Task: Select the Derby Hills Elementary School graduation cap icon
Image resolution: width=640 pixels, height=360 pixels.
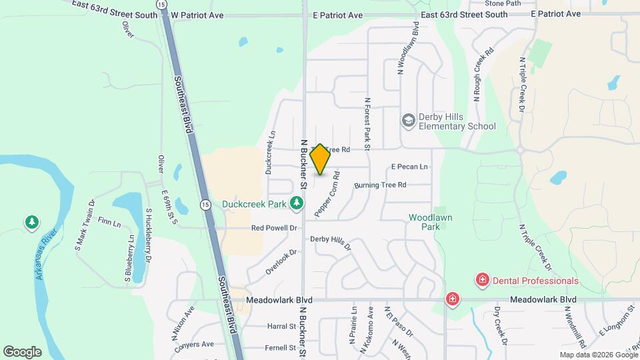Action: [408, 121]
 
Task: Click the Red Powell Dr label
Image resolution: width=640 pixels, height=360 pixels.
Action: [274, 228]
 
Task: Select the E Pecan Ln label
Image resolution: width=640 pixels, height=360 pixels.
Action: [409, 167]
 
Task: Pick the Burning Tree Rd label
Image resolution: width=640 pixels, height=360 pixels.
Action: [380, 185]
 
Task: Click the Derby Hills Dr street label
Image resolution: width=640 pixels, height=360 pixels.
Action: [330, 242]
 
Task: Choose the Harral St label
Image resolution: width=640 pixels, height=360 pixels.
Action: [281, 327]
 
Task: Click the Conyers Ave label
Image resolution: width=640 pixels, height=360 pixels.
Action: [196, 345]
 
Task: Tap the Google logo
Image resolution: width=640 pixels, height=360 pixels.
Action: [22, 351]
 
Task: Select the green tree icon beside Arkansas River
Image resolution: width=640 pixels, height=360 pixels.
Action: [31, 222]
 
